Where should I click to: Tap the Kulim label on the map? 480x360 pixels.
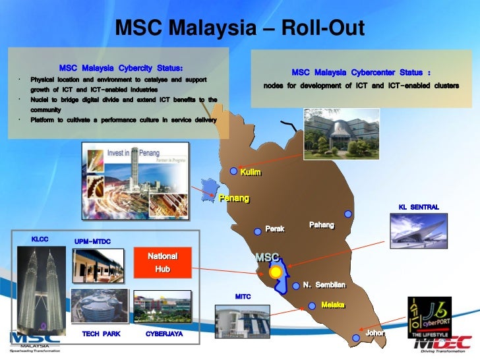click(251, 172)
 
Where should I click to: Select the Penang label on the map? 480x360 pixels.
click(234, 198)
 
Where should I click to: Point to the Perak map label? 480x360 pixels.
click(274, 229)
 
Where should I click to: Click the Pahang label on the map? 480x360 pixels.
click(321, 225)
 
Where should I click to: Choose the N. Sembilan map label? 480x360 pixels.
click(324, 285)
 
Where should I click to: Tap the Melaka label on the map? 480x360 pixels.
click(333, 305)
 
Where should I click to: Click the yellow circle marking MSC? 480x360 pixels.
click(276, 272)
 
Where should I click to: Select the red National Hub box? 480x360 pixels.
click(162, 262)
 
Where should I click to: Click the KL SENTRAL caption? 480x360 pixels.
click(419, 207)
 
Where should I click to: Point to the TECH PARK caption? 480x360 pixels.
click(101, 334)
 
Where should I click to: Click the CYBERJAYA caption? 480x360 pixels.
click(164, 334)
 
